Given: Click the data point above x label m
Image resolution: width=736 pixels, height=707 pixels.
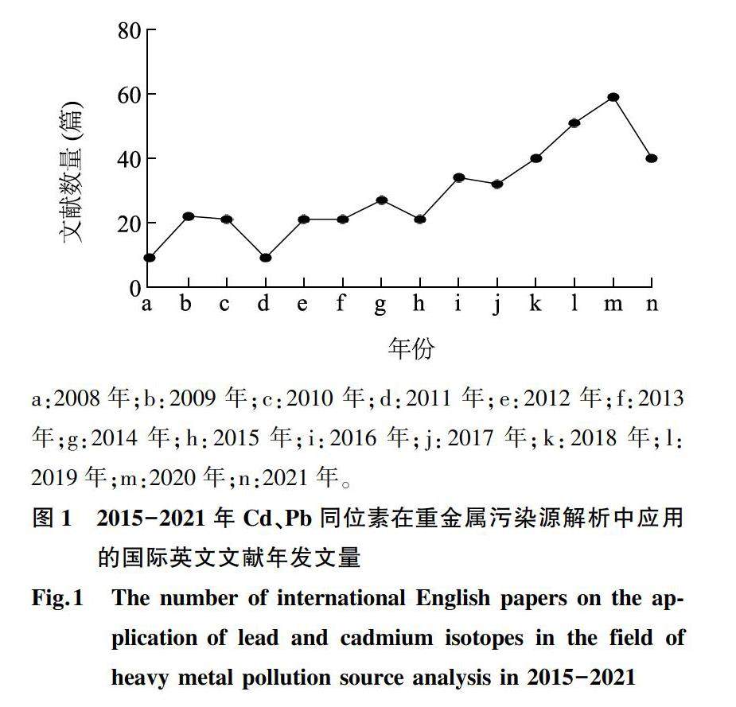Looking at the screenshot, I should pos(613,97).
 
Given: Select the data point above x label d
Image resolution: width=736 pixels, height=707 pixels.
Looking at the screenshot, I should pos(265,258).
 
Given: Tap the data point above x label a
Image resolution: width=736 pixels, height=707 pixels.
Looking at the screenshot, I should pos(149,258).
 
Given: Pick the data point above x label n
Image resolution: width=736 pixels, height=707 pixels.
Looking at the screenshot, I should pos(652,158).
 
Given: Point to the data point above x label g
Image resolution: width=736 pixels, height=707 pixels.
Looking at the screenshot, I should pos(381,200).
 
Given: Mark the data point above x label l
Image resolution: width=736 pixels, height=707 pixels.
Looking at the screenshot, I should pos(574,122).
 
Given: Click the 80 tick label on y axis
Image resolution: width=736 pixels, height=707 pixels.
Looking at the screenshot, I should pos(130,31).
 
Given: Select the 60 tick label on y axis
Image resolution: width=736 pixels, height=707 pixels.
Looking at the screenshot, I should pos(130,95).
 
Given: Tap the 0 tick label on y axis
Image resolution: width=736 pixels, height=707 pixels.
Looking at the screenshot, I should pos(135,287).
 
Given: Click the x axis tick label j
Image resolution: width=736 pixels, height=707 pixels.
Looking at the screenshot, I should pos(497,305).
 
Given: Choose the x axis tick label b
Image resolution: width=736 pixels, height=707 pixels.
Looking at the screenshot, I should pos(186,304).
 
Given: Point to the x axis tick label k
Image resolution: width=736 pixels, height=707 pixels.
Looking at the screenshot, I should pos(535,304).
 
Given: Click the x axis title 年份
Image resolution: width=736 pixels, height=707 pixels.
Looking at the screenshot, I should pos(411,348).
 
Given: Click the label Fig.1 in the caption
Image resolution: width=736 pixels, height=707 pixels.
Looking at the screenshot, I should pos(57,598).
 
